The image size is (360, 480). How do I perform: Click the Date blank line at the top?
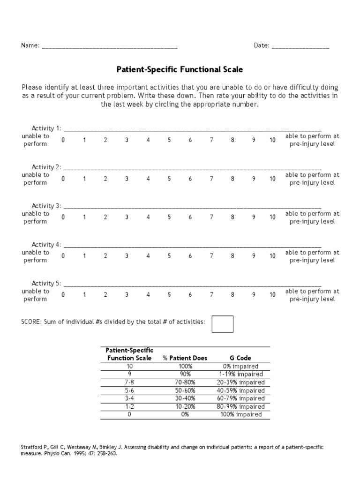[x=300, y=47]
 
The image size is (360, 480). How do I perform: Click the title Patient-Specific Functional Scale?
[x=180, y=70]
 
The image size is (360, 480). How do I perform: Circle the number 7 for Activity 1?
[x=211, y=140]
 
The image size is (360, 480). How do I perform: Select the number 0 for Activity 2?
[x=63, y=179]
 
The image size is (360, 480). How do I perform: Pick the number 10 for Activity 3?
[x=272, y=217]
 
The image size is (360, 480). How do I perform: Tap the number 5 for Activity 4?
[x=169, y=256]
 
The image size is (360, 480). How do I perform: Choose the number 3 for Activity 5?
[x=127, y=295]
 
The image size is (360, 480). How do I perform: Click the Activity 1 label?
[x=46, y=128]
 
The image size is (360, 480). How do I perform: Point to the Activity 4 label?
[x=46, y=245]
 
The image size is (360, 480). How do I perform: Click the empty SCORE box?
[x=222, y=324]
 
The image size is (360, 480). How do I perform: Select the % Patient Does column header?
[x=185, y=358]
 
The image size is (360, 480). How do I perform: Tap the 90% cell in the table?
[x=185, y=374]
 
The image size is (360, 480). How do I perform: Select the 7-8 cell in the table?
[x=129, y=382]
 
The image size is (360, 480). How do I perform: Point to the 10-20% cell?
[x=185, y=406]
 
